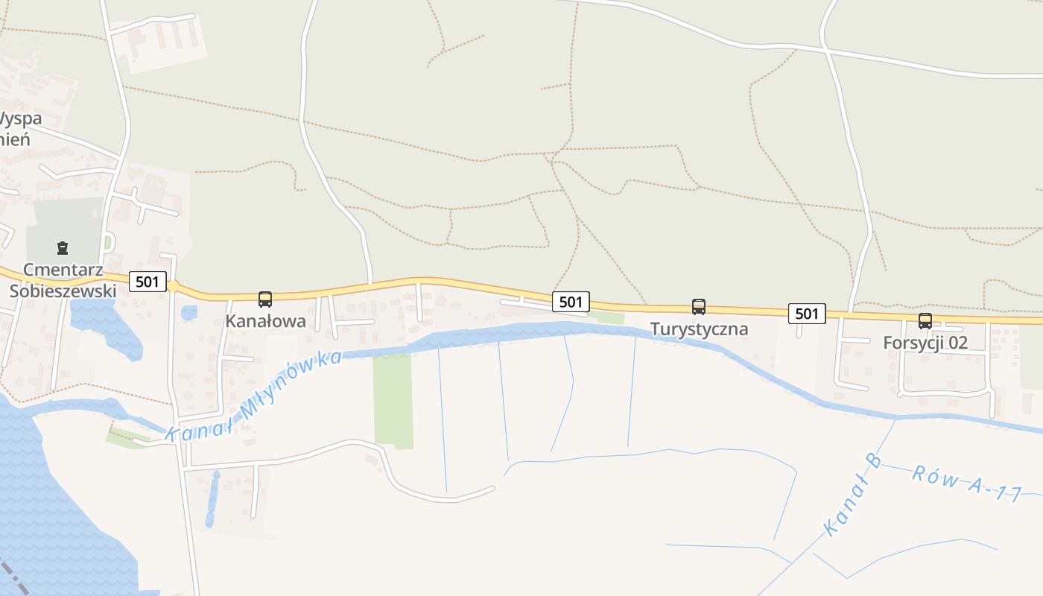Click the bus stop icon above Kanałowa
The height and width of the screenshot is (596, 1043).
tap(264, 299)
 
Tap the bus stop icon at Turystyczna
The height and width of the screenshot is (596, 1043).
tap(698, 306)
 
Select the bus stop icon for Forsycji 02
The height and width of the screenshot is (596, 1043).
tap(925, 321)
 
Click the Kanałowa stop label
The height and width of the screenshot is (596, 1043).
tap(265, 321)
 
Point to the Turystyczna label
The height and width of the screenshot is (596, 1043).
tap(699, 329)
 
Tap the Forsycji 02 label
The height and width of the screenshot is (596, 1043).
tap(925, 343)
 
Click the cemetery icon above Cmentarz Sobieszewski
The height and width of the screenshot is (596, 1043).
tap(63, 247)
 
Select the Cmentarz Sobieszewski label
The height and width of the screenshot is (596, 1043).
tap(63, 279)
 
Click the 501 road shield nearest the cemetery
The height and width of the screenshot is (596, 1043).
tap(148, 281)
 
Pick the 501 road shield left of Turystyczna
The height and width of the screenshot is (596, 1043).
tap(571, 302)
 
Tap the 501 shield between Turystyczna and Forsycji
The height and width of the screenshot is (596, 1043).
tap(807, 314)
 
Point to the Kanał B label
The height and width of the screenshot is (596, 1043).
tap(853, 495)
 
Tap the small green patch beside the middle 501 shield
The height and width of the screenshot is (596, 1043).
tap(610, 318)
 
